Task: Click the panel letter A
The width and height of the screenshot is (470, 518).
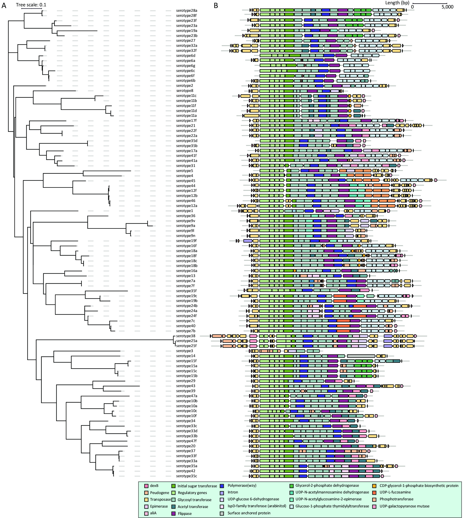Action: tap(4, 5)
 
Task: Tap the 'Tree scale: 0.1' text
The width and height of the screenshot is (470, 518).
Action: tap(31, 5)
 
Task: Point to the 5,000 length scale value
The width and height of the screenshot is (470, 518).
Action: tap(448, 7)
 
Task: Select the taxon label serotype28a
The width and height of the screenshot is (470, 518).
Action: tap(187, 11)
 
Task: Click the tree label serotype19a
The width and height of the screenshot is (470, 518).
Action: tap(187, 31)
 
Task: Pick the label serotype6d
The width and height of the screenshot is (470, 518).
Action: tap(186, 56)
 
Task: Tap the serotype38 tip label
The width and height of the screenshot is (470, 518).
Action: tap(186, 336)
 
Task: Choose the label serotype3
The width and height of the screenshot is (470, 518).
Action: tap(185, 351)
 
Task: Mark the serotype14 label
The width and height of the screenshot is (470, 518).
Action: tap(186, 356)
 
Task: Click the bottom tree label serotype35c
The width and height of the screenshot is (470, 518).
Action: tap(187, 476)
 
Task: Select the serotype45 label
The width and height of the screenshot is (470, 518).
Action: tap(186, 181)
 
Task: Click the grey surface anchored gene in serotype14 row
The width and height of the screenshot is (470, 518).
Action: tap(361, 356)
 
